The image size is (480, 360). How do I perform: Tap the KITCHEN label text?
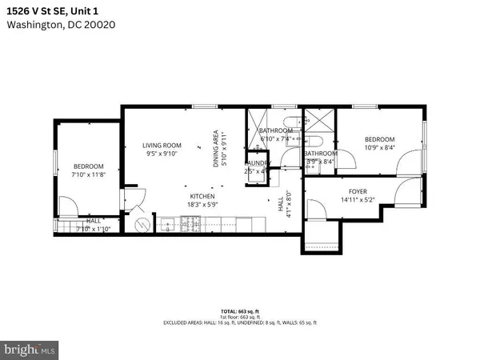click(202, 196)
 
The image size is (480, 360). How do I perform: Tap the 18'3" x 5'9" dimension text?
click(202, 205)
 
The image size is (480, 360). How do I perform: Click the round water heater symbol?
click(142, 225)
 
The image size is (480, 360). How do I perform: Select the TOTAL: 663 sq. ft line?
click(240, 310)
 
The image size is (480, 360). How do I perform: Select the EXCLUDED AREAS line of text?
click(240, 322)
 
